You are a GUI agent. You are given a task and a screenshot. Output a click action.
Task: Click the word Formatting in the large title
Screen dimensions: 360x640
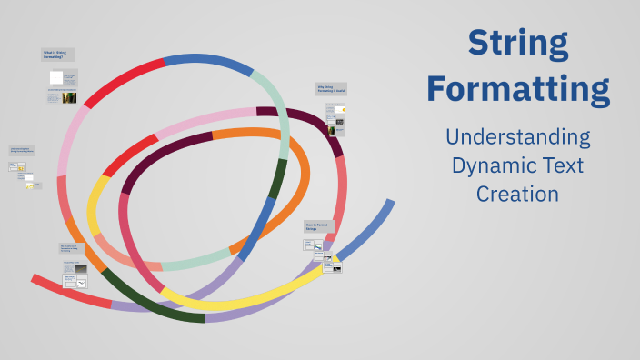click(518, 89)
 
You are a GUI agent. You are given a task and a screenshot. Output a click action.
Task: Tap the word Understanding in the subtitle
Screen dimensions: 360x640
click(517, 138)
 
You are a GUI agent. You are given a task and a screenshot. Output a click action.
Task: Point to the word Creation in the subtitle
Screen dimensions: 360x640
click(517, 195)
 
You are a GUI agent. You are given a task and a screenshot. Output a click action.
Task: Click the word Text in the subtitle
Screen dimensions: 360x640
click(561, 166)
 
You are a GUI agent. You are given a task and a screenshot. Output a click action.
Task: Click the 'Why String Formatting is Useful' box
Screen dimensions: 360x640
click(332, 89)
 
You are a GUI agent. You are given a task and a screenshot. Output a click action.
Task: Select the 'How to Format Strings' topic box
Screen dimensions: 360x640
click(319, 225)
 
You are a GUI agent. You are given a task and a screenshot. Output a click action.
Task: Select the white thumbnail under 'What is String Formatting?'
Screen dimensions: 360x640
click(56, 78)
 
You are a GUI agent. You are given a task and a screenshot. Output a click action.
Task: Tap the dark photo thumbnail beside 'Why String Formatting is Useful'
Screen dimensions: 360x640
click(334, 130)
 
